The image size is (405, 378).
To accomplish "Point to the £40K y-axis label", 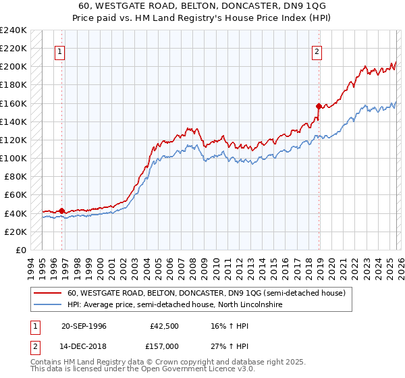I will coord(15,213).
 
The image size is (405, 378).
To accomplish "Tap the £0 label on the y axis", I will coord(20,250).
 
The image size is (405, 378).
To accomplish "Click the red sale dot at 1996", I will coord(61,211).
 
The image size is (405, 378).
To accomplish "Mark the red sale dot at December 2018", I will coord(318,106).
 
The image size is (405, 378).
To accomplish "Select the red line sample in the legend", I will coord(47,294).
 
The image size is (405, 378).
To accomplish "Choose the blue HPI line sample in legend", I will coord(47,305).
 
